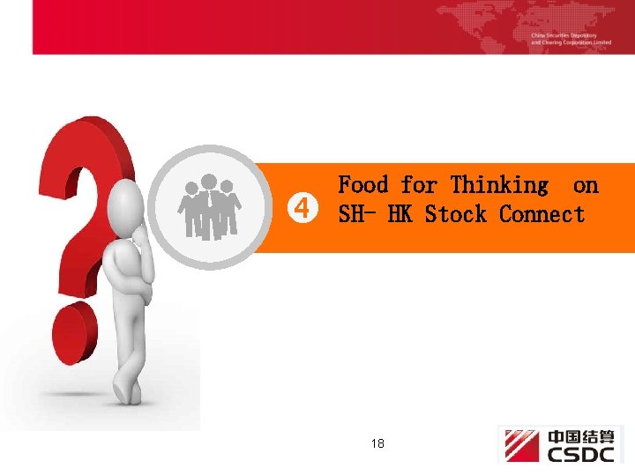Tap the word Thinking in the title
(x=499, y=185)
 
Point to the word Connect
(x=542, y=214)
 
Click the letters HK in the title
(x=399, y=214)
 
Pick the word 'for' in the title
(x=419, y=185)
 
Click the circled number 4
(x=303, y=209)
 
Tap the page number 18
(x=377, y=443)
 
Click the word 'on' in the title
(x=585, y=185)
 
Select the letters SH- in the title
(x=357, y=214)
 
